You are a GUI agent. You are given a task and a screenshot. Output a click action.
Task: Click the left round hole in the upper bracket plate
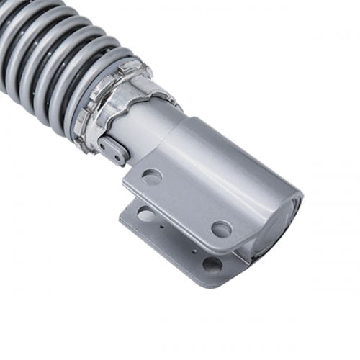pos(151,176)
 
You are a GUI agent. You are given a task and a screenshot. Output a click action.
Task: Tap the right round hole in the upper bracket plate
pos(221,229)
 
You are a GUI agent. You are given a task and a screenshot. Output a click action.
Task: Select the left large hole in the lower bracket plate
pos(146,214)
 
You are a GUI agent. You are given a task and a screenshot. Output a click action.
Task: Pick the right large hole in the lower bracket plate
pos(212,264)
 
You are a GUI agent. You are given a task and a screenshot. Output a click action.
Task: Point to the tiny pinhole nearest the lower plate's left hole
pos(164,226)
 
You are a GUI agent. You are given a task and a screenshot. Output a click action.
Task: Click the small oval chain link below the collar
pos(112,150)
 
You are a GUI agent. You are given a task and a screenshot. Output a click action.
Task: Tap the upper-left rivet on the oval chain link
pos(105,144)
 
